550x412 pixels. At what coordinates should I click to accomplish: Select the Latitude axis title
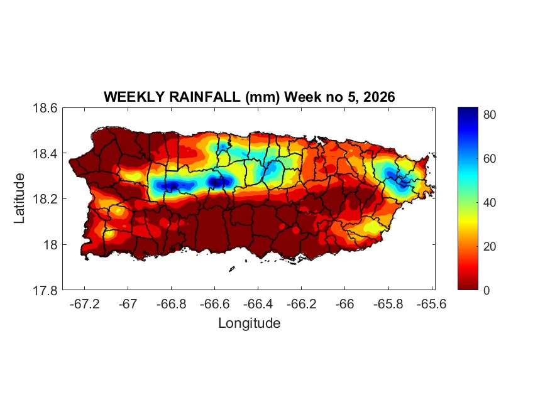(20, 198)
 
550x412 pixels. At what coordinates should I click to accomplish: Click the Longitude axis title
(249, 323)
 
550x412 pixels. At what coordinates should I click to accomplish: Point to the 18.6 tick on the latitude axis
(45, 108)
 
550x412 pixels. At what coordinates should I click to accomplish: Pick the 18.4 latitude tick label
(45, 154)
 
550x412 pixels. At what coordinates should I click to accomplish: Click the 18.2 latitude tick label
(45, 199)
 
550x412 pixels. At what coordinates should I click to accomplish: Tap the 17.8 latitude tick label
(45, 290)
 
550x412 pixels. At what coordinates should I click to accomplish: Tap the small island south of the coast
(231, 269)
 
